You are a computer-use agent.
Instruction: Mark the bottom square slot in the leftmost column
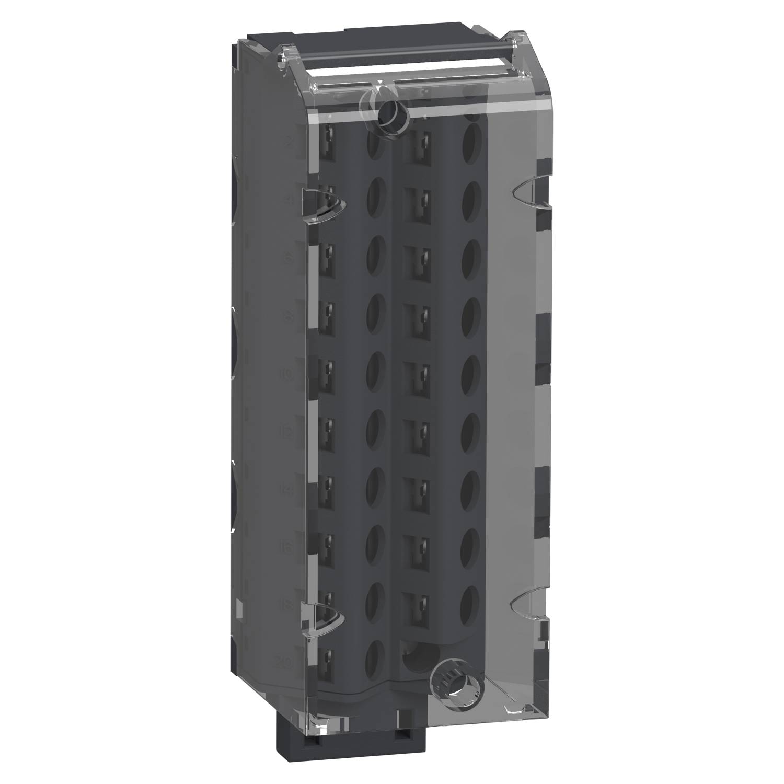[328, 656]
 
